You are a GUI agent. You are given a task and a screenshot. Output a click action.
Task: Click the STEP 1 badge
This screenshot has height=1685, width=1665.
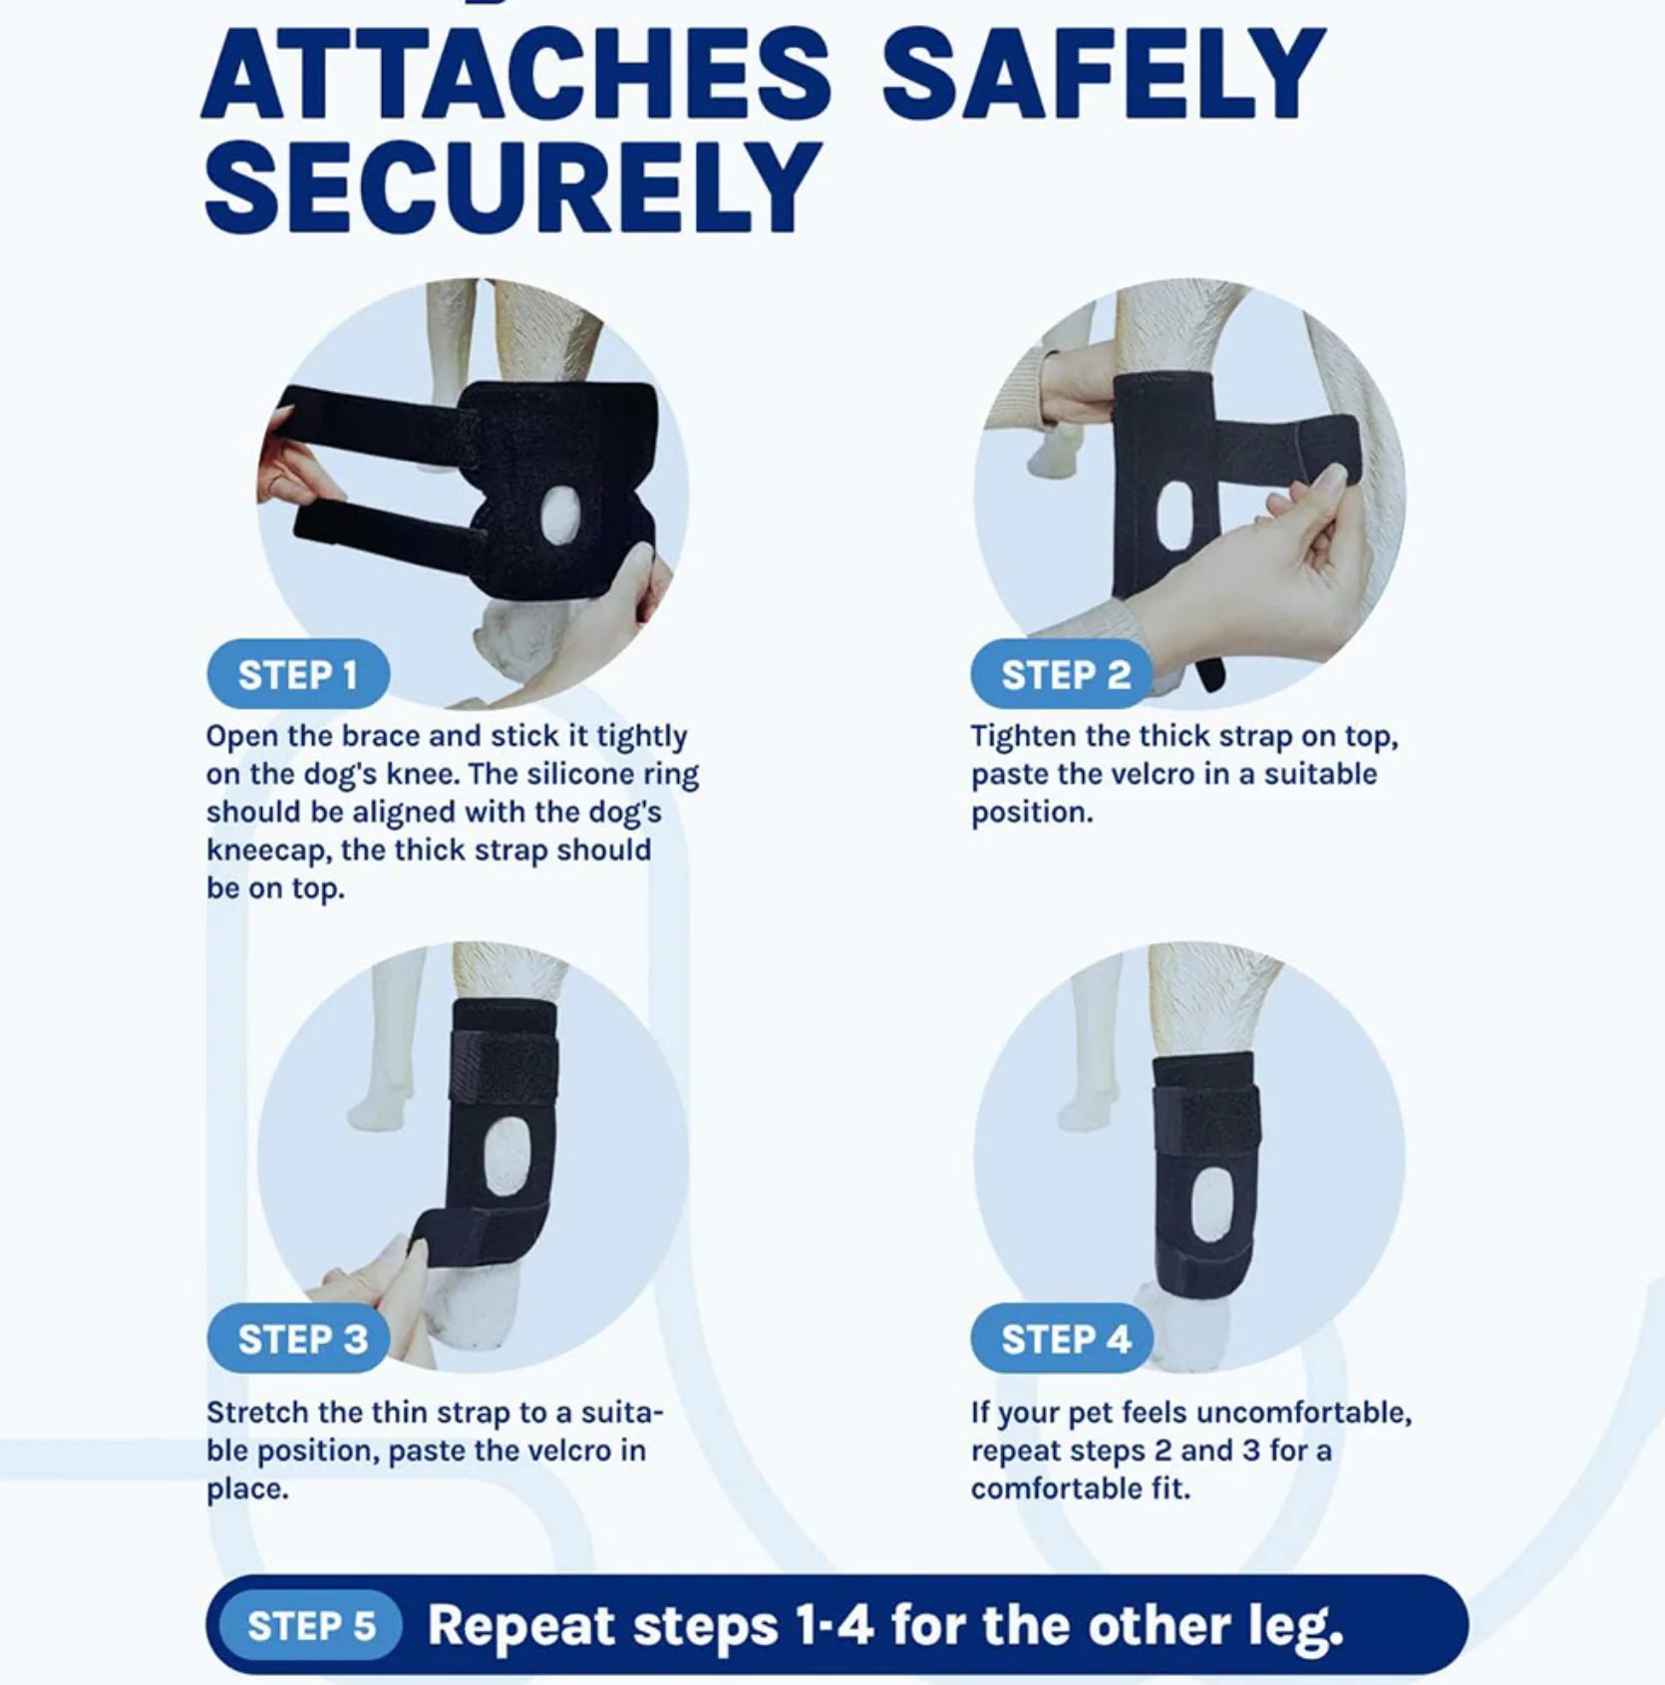(x=297, y=675)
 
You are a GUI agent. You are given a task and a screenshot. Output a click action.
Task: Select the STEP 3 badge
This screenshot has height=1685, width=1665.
(x=301, y=1339)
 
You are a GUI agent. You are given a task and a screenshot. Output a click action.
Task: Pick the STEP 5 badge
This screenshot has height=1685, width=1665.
(x=311, y=1625)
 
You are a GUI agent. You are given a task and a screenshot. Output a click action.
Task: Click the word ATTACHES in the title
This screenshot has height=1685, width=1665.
(x=515, y=75)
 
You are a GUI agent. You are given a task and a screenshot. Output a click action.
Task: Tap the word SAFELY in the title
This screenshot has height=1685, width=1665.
(x=1103, y=75)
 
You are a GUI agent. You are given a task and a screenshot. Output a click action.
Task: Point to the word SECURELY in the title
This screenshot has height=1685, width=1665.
(x=511, y=187)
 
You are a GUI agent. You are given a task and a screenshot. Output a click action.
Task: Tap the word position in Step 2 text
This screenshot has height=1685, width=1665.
(x=1030, y=813)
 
